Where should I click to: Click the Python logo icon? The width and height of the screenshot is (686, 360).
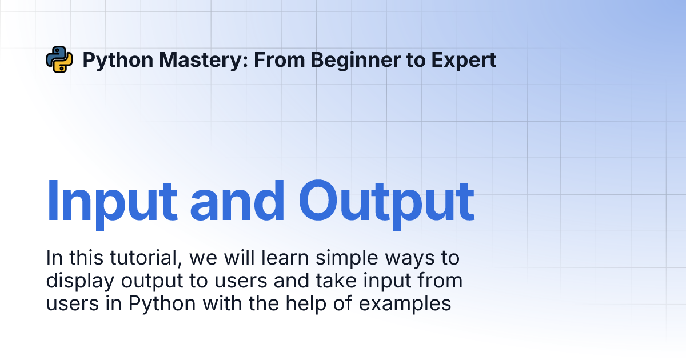[x=59, y=59]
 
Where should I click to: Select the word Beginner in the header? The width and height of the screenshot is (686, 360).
[x=355, y=61]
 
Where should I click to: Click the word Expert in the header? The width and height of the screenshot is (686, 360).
[x=464, y=61]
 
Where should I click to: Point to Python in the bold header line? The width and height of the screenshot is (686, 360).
[x=118, y=61]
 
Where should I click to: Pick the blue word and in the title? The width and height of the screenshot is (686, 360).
[x=237, y=201]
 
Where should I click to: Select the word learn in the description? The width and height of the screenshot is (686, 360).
[x=285, y=258]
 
